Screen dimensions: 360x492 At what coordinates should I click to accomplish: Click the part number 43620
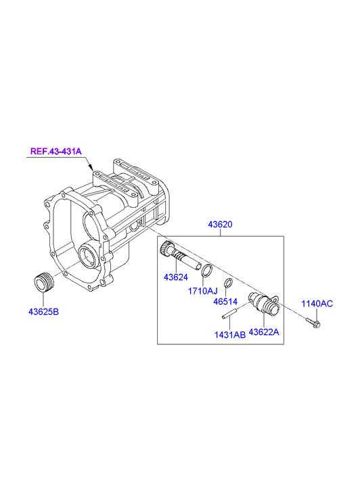coord(221,225)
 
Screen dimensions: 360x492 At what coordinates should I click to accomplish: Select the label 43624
coord(176,277)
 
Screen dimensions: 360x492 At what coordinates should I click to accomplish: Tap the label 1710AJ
coord(202,291)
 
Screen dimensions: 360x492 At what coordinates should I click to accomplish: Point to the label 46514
coord(225,302)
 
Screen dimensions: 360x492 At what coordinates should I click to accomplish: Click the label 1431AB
coord(230,335)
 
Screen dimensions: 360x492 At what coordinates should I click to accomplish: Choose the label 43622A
coord(264,332)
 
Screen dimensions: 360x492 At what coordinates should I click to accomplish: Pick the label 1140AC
coord(317,304)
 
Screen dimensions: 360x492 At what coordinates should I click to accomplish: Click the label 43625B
coord(43,312)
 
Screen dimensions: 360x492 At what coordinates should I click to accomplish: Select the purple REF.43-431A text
coord(56,151)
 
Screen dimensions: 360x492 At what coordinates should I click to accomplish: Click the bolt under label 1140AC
coord(313,323)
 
